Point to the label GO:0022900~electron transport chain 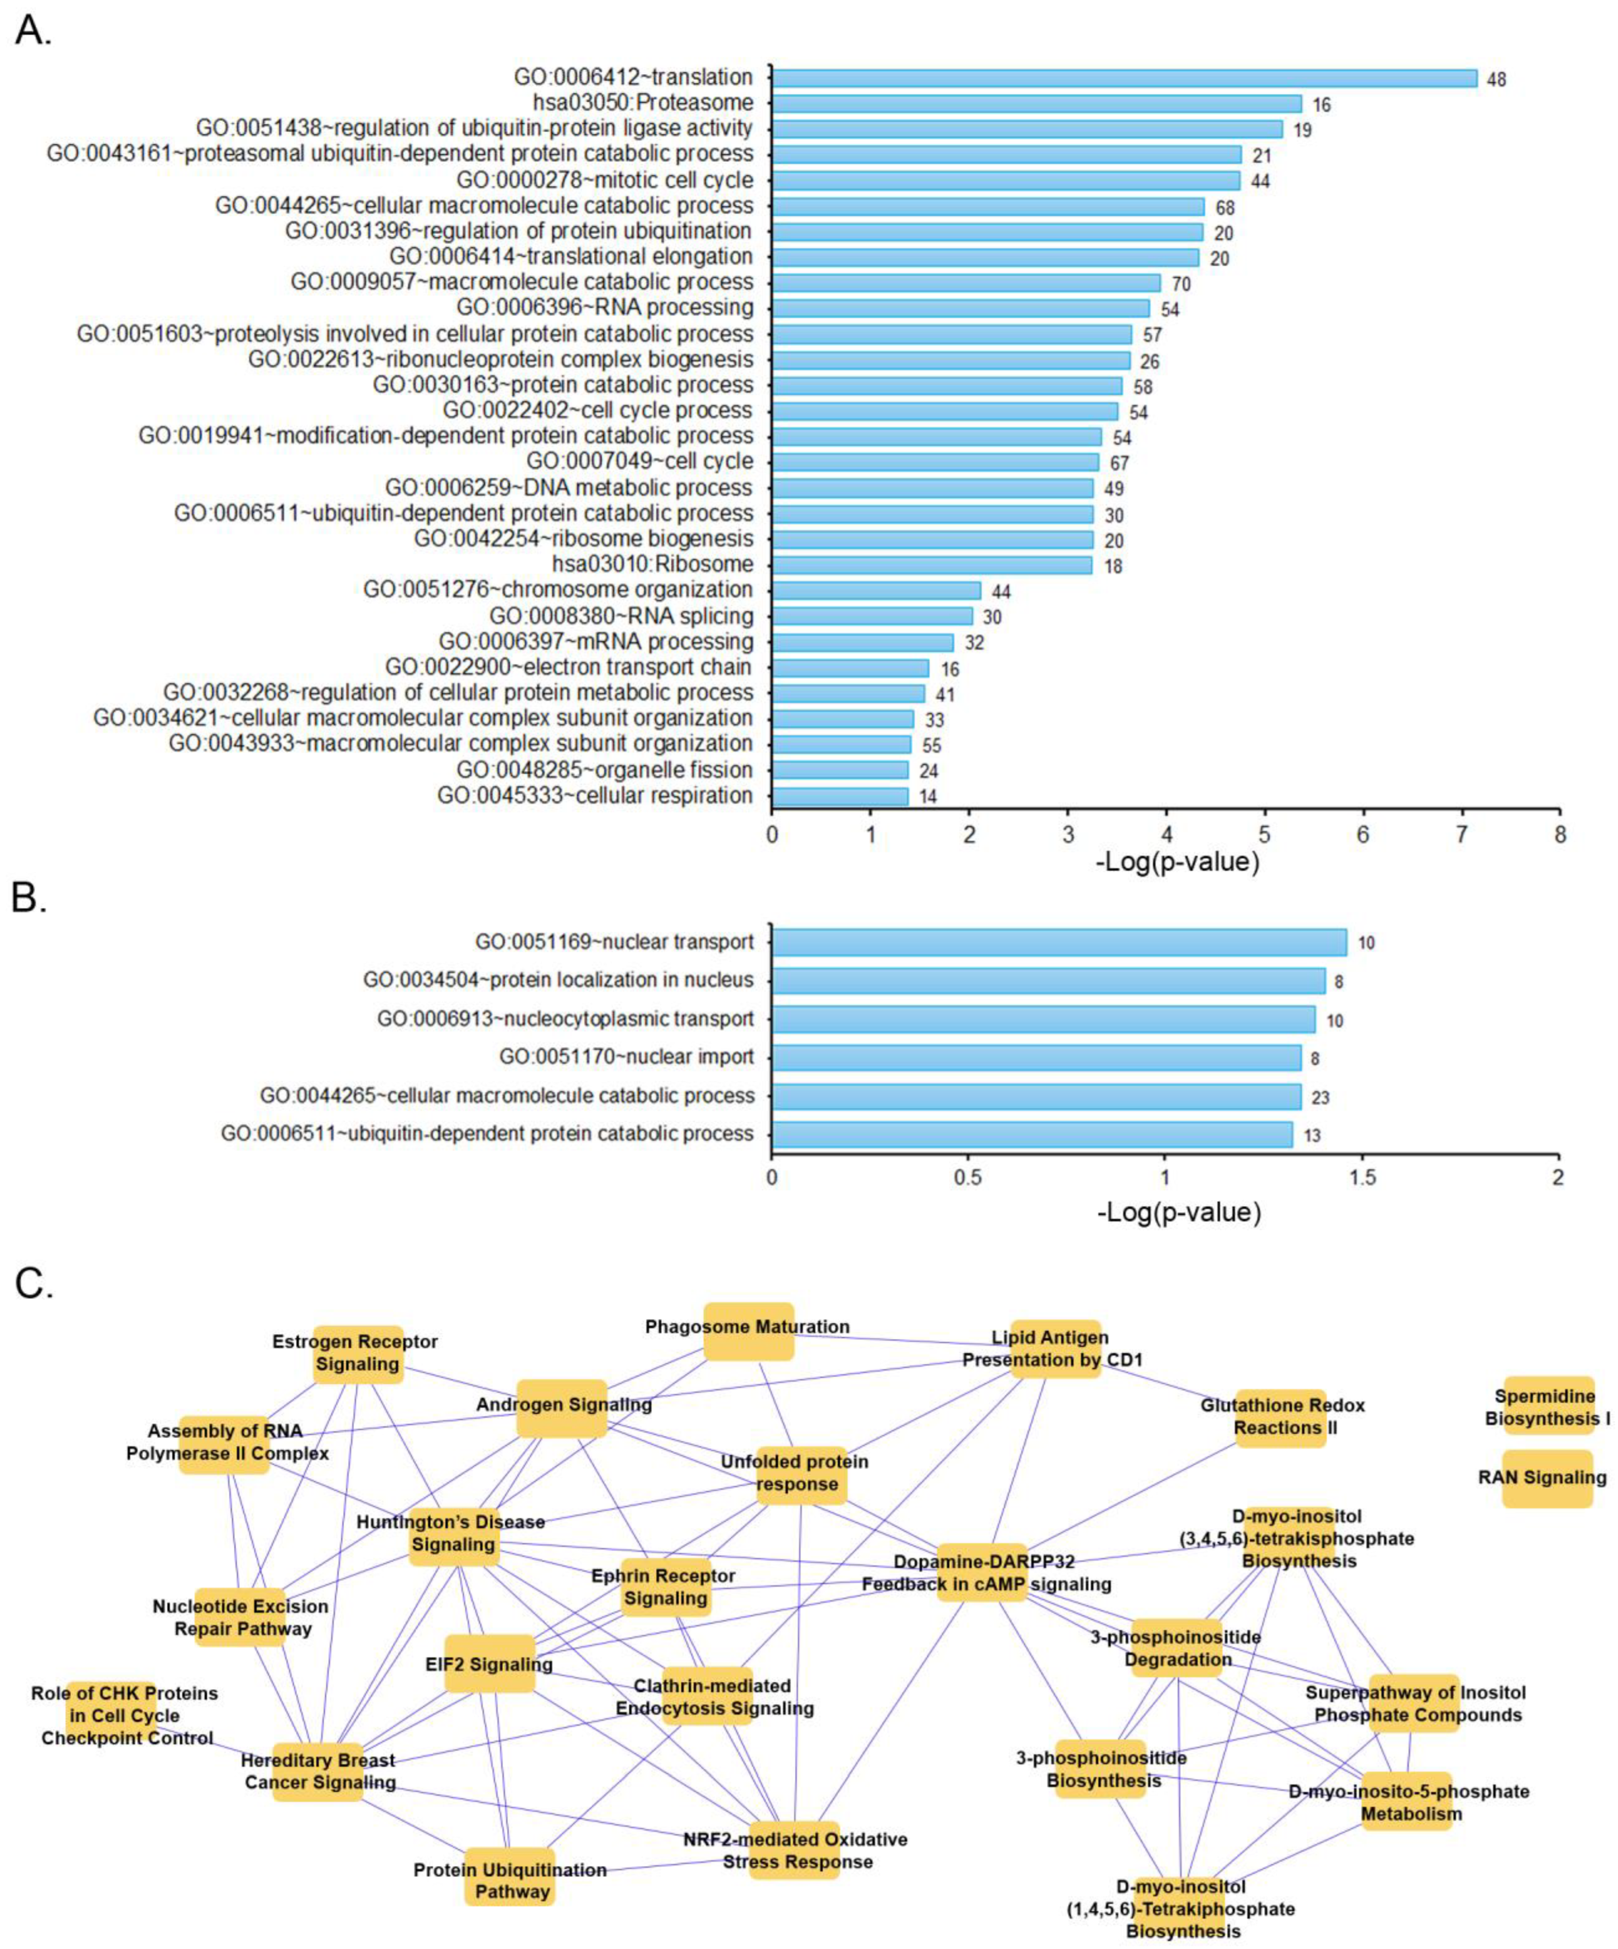tap(568, 667)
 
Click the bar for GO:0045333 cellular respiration tap(840, 796)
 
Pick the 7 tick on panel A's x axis tap(1461, 835)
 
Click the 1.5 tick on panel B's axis tap(1362, 1178)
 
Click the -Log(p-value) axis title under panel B tap(1178, 1212)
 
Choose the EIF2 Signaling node tap(490, 1664)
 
